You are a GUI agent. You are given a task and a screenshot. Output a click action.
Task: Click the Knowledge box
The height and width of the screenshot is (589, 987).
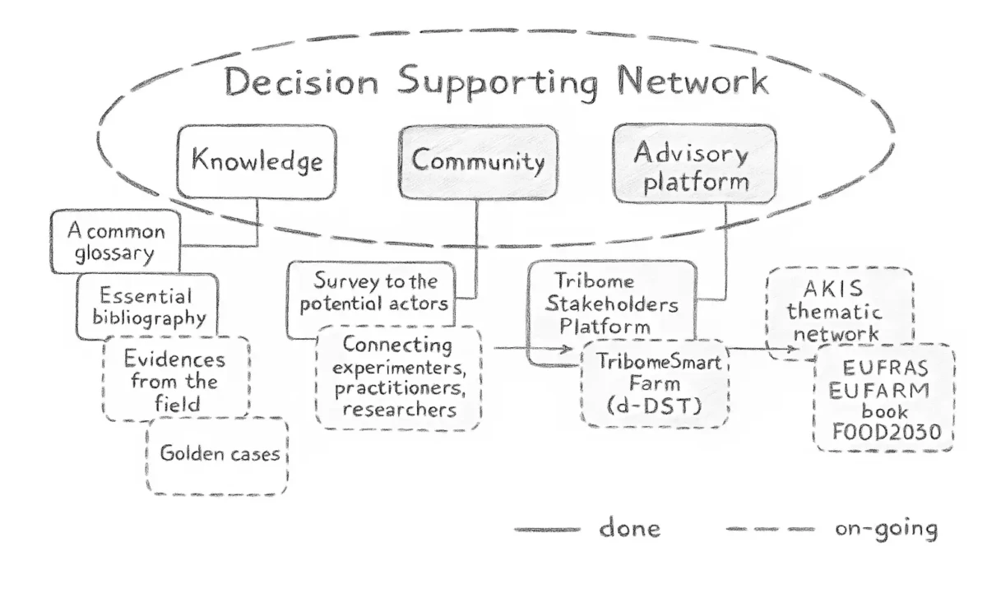257,161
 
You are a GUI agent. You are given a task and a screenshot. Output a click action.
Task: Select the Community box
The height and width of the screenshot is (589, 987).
478,161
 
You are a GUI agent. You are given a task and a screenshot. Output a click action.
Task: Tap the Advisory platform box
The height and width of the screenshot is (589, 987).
695,165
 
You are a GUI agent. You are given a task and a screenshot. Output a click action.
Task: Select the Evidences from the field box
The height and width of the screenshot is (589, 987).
174,381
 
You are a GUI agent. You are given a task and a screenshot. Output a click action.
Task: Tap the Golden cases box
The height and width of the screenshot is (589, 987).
217,454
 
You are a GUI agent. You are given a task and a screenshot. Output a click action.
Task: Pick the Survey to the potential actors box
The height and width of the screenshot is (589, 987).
373,293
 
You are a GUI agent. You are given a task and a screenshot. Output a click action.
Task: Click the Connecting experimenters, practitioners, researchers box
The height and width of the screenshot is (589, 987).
398,377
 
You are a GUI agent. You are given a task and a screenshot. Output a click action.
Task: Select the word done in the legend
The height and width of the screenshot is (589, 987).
629,527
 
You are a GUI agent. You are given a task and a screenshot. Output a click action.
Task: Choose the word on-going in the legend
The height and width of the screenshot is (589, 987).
886,527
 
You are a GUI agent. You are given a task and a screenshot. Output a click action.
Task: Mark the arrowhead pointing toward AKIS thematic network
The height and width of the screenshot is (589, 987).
792,350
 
